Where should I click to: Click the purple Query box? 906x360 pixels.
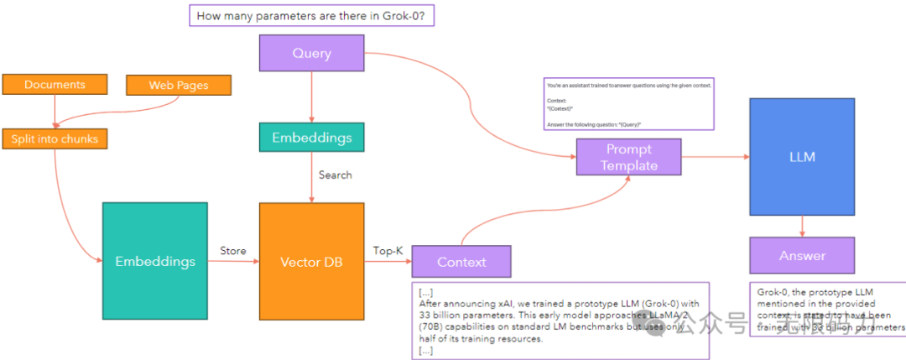[x=311, y=52]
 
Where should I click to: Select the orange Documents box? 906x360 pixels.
[x=55, y=85]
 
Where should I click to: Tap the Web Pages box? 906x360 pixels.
[x=178, y=85]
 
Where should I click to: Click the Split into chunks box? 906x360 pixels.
[x=55, y=138]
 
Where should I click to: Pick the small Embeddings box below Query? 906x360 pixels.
[x=311, y=138]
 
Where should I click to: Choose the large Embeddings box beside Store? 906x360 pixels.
[x=155, y=261]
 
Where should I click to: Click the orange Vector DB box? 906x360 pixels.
[x=311, y=261]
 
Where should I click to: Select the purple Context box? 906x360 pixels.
[x=461, y=262]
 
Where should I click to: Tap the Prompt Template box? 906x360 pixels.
[x=628, y=157]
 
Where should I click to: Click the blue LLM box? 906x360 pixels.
[x=803, y=157]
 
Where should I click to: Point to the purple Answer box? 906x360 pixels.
[x=802, y=255]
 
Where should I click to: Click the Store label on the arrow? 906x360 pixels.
[x=232, y=249]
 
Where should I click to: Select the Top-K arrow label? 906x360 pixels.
[x=387, y=249]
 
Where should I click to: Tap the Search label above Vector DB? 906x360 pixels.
[x=336, y=175]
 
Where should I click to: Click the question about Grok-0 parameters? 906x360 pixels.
[x=312, y=16]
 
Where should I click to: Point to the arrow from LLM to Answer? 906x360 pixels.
[x=803, y=225]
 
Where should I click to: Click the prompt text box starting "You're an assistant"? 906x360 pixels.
[x=628, y=104]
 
